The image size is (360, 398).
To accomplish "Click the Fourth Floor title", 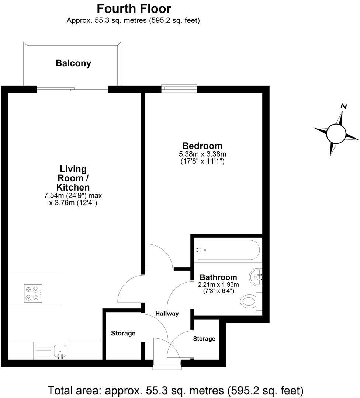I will pyautogui.click(x=134, y=8).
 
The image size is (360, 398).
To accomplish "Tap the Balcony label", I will pyautogui.click(x=73, y=63).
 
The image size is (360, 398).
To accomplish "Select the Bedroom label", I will pyautogui.click(x=202, y=146).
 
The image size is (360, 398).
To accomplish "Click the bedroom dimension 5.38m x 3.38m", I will pyautogui.click(x=202, y=154).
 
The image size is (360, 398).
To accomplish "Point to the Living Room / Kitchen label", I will pyautogui.click(x=73, y=178).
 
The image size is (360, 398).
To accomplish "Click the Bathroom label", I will pyautogui.click(x=218, y=277).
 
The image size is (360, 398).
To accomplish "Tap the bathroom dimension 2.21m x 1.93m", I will pyautogui.click(x=219, y=284).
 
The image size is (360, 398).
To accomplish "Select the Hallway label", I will pyautogui.click(x=167, y=314).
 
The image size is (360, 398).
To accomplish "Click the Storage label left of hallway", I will pyautogui.click(x=123, y=333).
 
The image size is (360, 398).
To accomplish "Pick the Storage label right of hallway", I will pyautogui.click(x=204, y=338).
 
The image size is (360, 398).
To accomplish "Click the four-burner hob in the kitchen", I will pyautogui.click(x=32, y=293).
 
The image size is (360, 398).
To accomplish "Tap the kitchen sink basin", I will pyautogui.click(x=60, y=349).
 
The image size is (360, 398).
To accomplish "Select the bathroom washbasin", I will pyautogui.click(x=255, y=275).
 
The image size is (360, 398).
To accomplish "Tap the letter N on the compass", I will pyautogui.click(x=344, y=106).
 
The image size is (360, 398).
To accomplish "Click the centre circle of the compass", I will pyautogui.click(x=336, y=133).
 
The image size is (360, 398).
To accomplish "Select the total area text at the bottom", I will pyautogui.click(x=176, y=390).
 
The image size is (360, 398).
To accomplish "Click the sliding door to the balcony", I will pyautogui.click(x=73, y=89).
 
